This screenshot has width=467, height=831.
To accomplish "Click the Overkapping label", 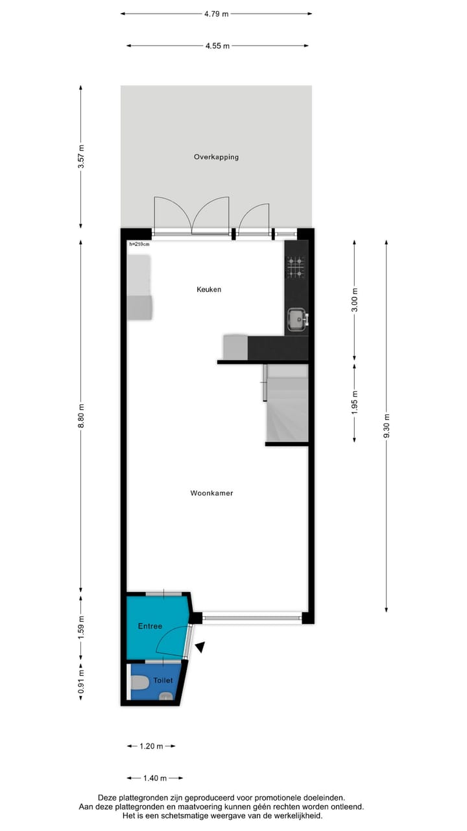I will click(x=216, y=157).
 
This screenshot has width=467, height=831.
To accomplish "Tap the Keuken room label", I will click(x=209, y=290).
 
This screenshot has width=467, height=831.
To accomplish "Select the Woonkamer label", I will click(x=211, y=493).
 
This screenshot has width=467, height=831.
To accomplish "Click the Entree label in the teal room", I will click(x=150, y=626).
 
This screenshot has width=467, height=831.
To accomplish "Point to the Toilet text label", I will click(x=163, y=681).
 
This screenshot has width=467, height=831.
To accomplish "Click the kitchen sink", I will click(x=297, y=318).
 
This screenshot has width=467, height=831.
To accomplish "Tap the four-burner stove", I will click(x=296, y=267).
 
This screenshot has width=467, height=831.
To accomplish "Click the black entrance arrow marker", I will click(x=201, y=647).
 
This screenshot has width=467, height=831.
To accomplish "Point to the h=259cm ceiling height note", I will click(x=139, y=245).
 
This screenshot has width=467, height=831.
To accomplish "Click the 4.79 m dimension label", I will click(x=216, y=14).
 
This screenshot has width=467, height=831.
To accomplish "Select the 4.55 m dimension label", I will click(x=217, y=46).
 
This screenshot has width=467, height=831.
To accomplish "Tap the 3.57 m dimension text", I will click(x=81, y=156).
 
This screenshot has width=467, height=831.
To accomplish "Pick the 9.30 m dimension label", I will click(x=387, y=426).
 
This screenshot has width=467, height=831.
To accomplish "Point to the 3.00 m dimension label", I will click(x=354, y=300).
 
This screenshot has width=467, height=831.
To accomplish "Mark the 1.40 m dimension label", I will click(x=155, y=778).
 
